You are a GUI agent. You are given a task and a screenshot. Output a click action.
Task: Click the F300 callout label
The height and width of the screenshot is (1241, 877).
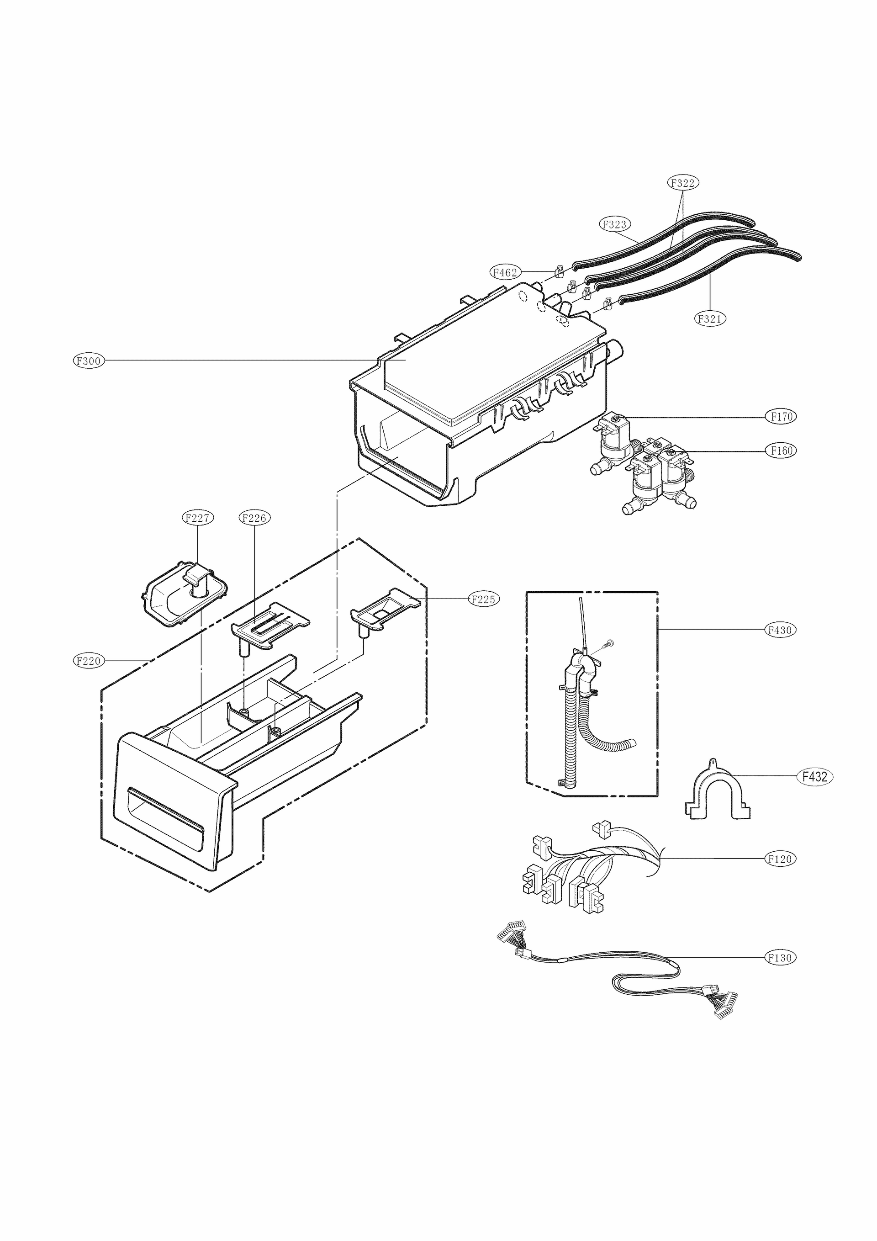89,361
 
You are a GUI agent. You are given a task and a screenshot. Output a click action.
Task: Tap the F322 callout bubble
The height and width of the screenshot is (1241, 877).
682,183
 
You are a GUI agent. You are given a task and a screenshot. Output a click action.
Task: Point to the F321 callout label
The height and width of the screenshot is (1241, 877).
709,319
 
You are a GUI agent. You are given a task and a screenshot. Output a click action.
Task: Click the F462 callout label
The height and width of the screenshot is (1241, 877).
505,272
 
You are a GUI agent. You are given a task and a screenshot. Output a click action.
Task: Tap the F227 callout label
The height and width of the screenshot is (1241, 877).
197,518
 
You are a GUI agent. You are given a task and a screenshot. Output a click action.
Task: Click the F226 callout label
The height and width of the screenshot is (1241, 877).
254,518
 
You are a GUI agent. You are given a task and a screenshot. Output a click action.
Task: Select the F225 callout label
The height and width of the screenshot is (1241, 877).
484,599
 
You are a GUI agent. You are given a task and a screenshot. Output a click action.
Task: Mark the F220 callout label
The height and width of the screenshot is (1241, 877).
89,661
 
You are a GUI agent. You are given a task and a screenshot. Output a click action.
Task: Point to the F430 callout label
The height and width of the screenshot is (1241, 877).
780,630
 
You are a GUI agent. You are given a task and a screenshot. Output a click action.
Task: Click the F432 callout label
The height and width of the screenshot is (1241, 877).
814,777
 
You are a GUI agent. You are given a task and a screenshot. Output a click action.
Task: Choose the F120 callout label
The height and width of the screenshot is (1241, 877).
780,859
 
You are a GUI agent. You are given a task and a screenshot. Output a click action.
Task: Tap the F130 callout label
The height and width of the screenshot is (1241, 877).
780,958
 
